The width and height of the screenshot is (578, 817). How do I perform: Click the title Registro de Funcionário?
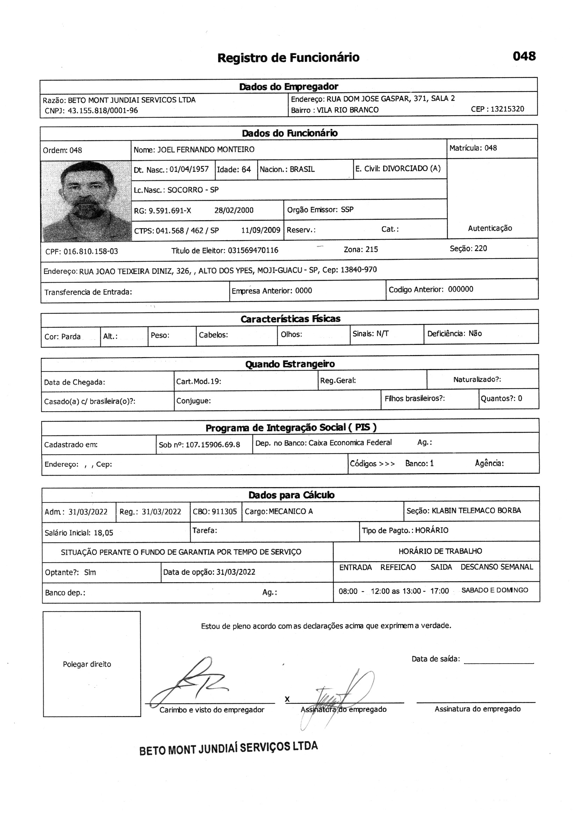coord(288,57)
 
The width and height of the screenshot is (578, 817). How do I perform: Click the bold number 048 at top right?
coord(524,56)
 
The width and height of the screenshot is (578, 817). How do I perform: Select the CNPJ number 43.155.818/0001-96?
coord(102,111)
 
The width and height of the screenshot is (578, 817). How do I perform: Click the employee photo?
coord(86,201)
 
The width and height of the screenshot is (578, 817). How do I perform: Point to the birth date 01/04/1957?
coord(189,169)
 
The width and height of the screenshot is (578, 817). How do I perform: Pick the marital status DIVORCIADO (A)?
coord(411,168)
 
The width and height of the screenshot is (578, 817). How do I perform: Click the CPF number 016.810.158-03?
coord(91,252)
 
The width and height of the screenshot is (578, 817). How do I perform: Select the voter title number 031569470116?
coord(253,251)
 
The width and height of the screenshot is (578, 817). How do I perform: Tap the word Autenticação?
coord(490,229)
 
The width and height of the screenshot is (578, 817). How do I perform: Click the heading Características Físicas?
coord(290,319)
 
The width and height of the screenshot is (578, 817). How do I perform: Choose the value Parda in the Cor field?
coord(71,337)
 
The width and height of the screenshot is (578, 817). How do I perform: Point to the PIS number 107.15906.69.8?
coord(213,445)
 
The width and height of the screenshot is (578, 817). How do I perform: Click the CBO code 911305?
coord(224,512)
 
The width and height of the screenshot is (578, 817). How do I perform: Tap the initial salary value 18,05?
coord(103,533)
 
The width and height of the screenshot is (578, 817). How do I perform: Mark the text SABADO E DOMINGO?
coord(495,590)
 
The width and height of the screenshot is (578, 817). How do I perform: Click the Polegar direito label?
coord(87,664)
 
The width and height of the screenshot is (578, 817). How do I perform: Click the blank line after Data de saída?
coord(499,663)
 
